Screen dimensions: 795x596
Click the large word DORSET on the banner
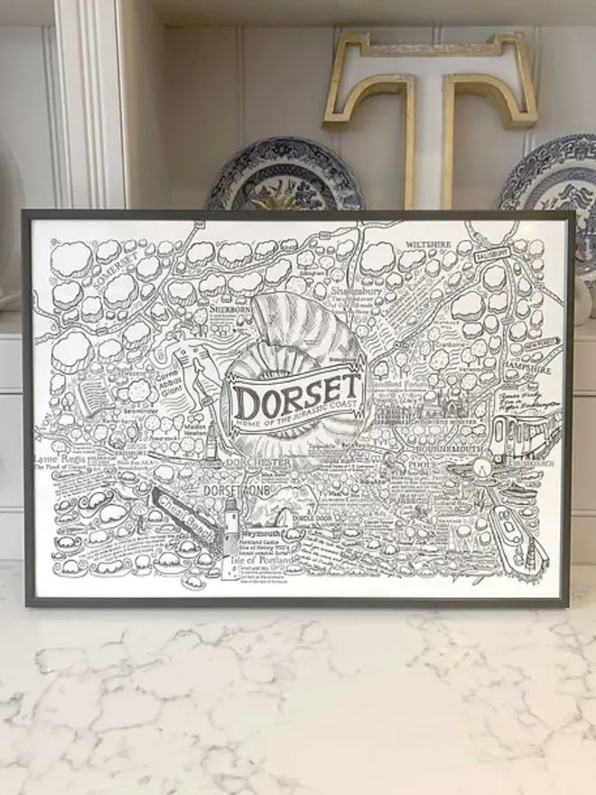297,392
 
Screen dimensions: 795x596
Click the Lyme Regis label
64,459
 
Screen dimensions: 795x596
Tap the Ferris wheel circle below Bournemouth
480,471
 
